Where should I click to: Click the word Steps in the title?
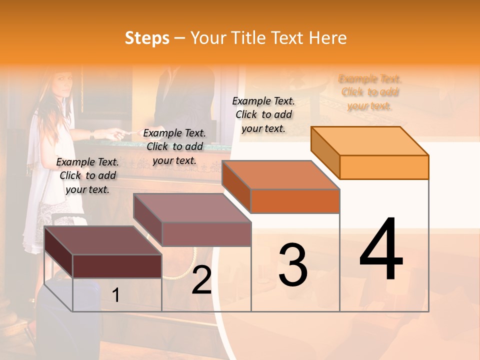pyautogui.click(x=147, y=38)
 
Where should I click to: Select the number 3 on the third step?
pyautogui.click(x=292, y=265)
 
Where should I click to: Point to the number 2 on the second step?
pyautogui.click(x=201, y=280)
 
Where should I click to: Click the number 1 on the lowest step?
pyautogui.click(x=116, y=295)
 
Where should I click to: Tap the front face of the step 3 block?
pyautogui.click(x=295, y=201)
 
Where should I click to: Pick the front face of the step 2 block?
pyautogui.click(x=206, y=234)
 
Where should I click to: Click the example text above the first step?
pyautogui.click(x=87, y=175)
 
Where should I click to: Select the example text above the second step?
pyautogui.click(x=174, y=146)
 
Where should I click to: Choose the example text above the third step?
pyautogui.click(x=263, y=114)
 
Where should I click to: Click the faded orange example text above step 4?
pyautogui.click(x=370, y=92)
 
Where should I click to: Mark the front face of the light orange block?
pyautogui.click(x=384, y=167)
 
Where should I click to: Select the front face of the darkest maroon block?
pyautogui.click(x=117, y=266)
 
